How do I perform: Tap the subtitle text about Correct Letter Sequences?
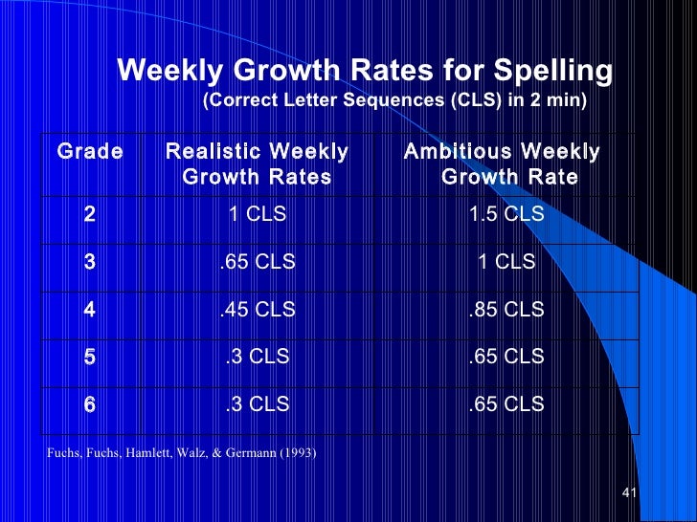(394, 99)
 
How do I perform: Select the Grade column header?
(90, 152)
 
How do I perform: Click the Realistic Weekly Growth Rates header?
(257, 164)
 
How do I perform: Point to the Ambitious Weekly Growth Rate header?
(504, 164)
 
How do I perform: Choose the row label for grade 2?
(89, 215)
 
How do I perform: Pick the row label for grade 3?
(89, 262)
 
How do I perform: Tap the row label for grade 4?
(89, 310)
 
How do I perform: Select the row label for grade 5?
(89, 358)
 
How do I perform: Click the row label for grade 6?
(89, 404)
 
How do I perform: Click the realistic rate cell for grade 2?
(257, 215)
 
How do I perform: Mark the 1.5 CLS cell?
(506, 215)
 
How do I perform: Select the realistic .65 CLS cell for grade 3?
(257, 262)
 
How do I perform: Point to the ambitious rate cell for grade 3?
(506, 262)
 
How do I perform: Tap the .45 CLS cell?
(257, 310)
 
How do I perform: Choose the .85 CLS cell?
(506, 310)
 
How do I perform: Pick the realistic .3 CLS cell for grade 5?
(257, 358)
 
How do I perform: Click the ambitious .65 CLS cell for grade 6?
(506, 404)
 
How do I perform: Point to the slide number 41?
(629, 493)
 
